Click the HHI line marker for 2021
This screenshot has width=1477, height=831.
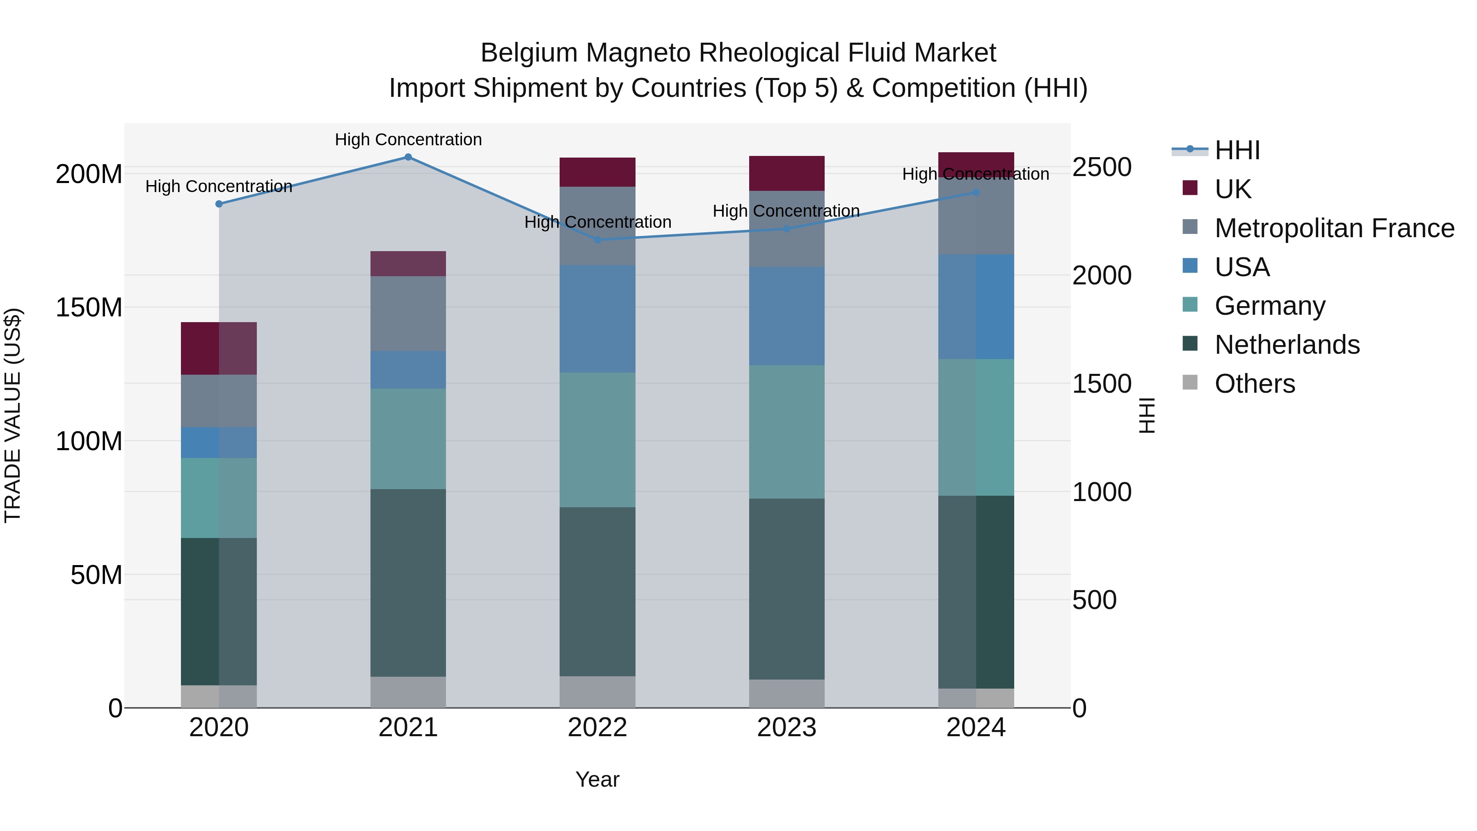pos(408,157)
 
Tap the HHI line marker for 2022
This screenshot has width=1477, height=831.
pos(597,240)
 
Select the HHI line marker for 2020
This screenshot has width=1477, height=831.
pos(219,204)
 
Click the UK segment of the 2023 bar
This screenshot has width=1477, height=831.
pos(787,173)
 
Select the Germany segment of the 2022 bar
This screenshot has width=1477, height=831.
pos(597,440)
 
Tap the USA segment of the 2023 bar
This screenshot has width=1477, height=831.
pos(787,316)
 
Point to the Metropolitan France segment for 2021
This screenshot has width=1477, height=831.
pos(408,314)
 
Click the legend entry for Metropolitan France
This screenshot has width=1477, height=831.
pos(1334,228)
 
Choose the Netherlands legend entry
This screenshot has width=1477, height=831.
pos(1287,345)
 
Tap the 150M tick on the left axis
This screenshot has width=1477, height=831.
pos(89,308)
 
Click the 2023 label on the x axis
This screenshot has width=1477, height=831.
pos(787,728)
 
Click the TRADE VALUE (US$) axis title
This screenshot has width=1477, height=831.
pos(13,416)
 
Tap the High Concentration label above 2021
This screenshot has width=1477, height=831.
pos(408,140)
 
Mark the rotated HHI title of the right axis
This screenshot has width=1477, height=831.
pos(1146,416)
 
